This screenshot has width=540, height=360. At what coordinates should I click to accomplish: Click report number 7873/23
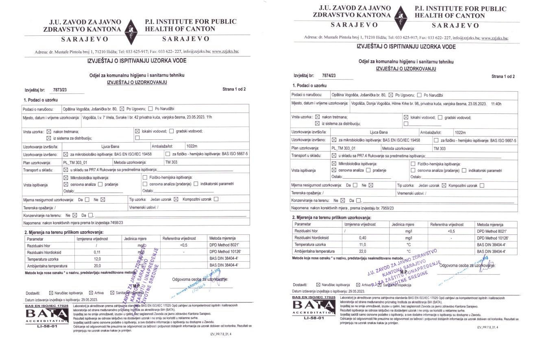coord(60,89)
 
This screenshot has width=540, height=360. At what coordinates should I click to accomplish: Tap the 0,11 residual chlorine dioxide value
coord(96,252)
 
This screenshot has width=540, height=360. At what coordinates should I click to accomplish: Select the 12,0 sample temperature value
coord(96,259)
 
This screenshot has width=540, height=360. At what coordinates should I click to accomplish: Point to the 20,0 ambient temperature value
coord(96,265)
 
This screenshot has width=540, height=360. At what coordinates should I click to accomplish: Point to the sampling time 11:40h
coord(496,104)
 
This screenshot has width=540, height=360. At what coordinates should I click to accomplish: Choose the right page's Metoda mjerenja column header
coord(490,224)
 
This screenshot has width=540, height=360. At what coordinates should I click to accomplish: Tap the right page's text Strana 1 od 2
coord(503,76)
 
